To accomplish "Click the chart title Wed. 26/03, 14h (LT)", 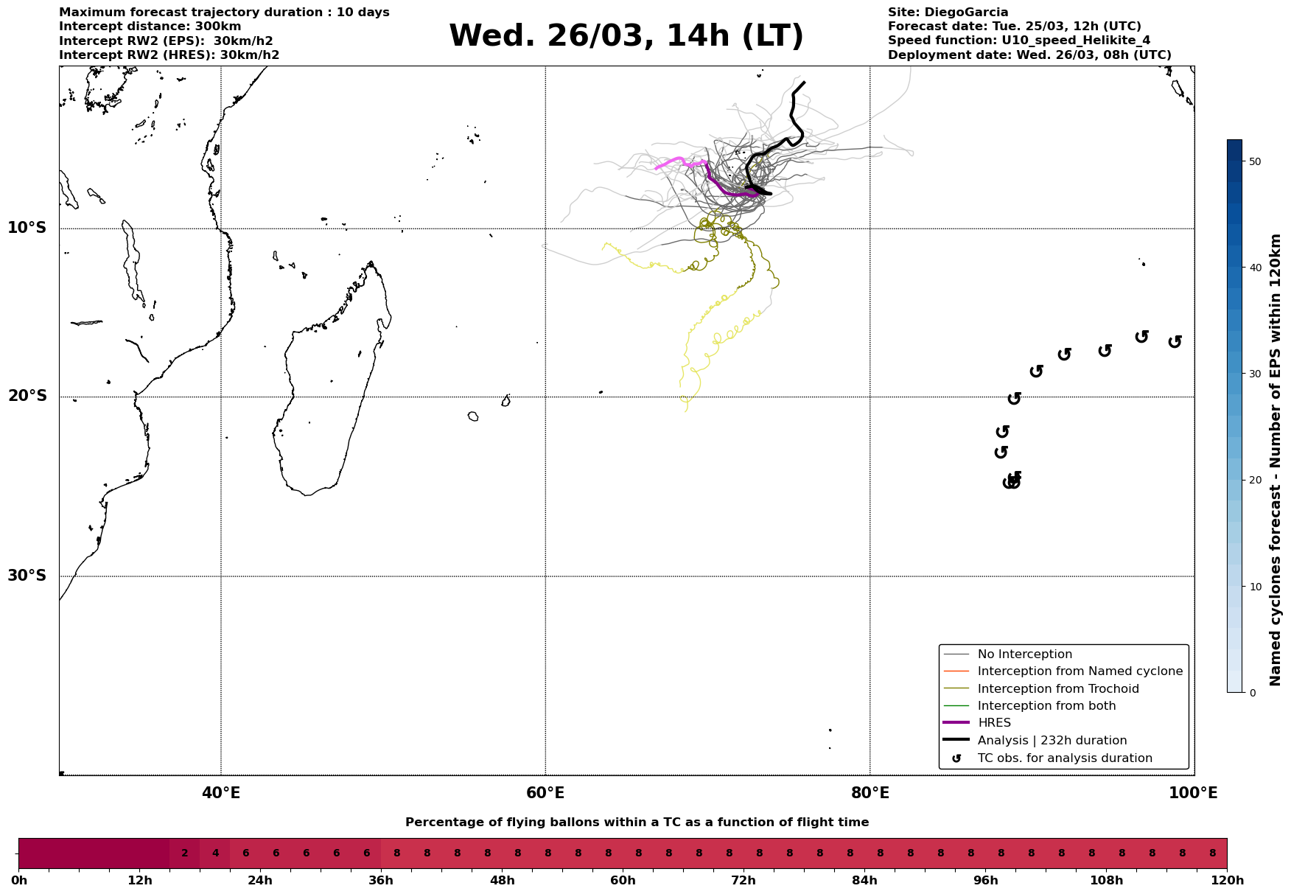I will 626,36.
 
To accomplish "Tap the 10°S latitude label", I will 27,228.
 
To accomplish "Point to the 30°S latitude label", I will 27,576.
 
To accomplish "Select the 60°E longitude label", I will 545,793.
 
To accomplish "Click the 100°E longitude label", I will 1193,793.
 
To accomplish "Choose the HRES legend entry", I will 994,723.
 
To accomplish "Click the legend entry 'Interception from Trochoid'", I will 1057,689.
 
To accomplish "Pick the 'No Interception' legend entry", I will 1024,654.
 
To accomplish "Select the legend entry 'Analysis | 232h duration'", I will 1052,741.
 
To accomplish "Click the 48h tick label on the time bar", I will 502,881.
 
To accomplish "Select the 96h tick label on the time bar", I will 986,881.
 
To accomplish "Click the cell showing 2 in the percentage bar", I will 185,853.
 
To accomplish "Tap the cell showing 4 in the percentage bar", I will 215,853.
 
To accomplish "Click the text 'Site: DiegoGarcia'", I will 948,13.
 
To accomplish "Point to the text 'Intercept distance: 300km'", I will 150,27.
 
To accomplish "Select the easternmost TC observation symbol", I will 1175,341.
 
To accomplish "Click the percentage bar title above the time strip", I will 637,823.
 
